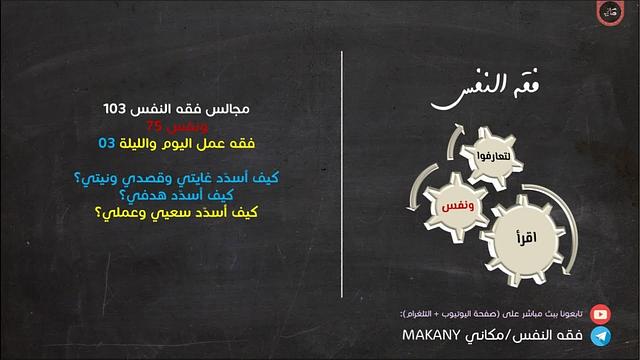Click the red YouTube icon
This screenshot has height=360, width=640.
[x=599, y=313]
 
